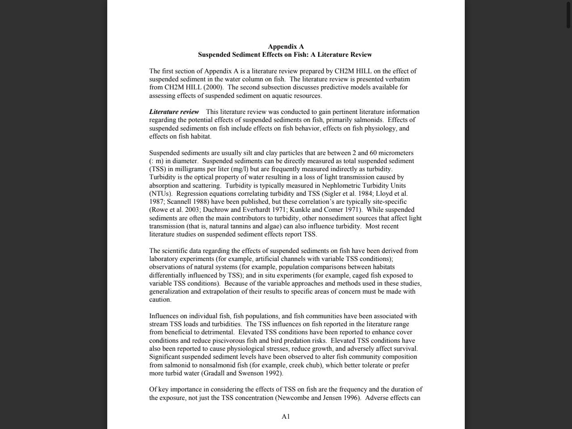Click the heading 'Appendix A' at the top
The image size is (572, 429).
286,46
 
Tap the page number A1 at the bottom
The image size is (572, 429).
286,416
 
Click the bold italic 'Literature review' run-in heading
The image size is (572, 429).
174,112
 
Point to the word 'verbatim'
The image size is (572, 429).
397,79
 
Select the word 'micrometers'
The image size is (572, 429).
396,153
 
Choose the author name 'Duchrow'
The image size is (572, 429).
215,210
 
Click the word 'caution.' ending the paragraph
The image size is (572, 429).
160,299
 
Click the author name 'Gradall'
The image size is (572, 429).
214,373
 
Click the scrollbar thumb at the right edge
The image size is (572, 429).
568,14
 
